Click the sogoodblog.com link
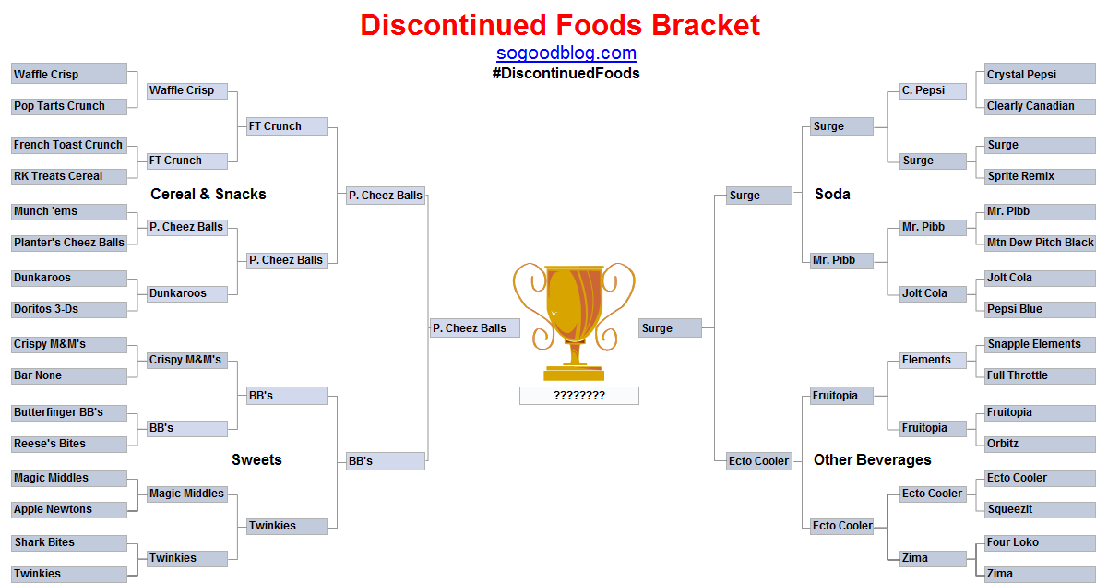(566, 54)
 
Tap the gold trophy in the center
(575, 322)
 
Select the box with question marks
(578, 396)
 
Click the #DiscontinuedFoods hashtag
(566, 74)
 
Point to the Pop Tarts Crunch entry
(69, 106)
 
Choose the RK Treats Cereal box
(69, 176)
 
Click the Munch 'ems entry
(69, 211)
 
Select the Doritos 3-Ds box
(69, 309)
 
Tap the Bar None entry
(69, 375)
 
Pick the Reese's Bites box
(69, 444)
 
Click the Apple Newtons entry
(69, 509)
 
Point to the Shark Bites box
(69, 542)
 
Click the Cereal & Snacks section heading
(208, 195)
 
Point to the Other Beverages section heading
(873, 460)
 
